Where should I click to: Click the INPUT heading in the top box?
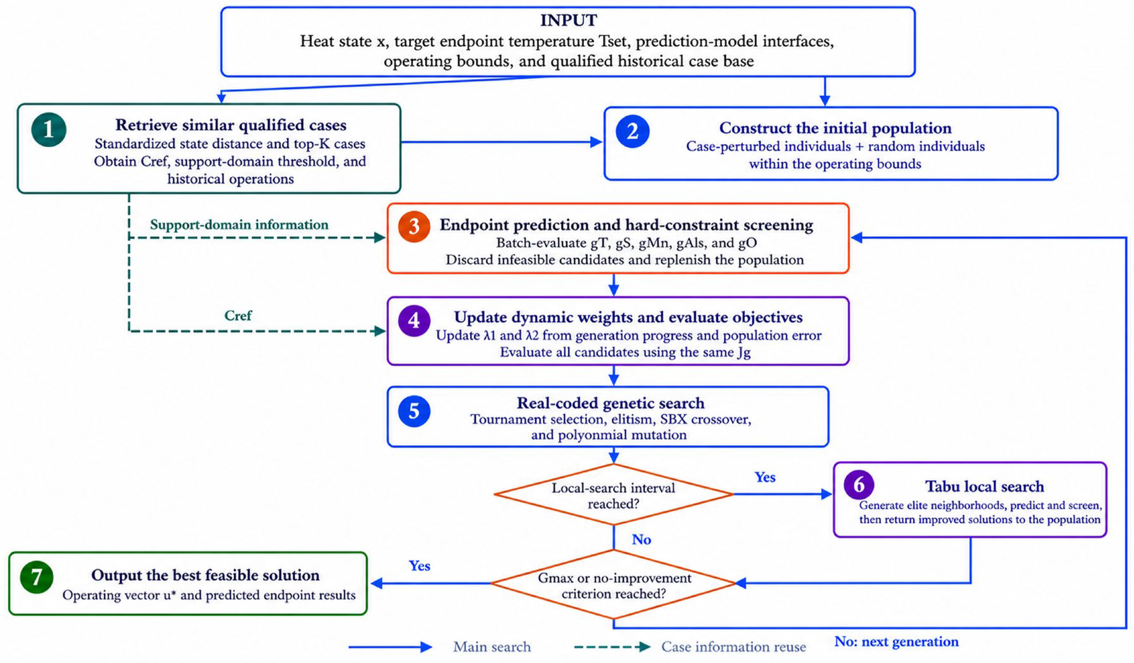pos(568,20)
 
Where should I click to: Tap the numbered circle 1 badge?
pos(49,130)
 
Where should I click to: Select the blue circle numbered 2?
pos(632,131)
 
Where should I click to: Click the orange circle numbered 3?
pos(414,226)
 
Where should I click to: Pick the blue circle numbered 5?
pos(414,411)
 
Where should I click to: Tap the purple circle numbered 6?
pos(859,485)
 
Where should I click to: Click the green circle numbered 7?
pos(37,577)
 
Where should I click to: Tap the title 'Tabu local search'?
pos(985,486)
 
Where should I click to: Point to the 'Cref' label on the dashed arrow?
pos(238,315)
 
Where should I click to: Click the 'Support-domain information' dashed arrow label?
pos(239,224)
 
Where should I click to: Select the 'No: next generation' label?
pos(897,641)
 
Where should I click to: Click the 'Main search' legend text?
pos(492,647)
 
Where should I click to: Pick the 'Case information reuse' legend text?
pos(733,647)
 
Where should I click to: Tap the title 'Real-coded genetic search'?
pos(611,403)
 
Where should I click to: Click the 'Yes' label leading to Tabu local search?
pos(765,477)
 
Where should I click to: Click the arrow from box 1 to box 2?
pos(502,142)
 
